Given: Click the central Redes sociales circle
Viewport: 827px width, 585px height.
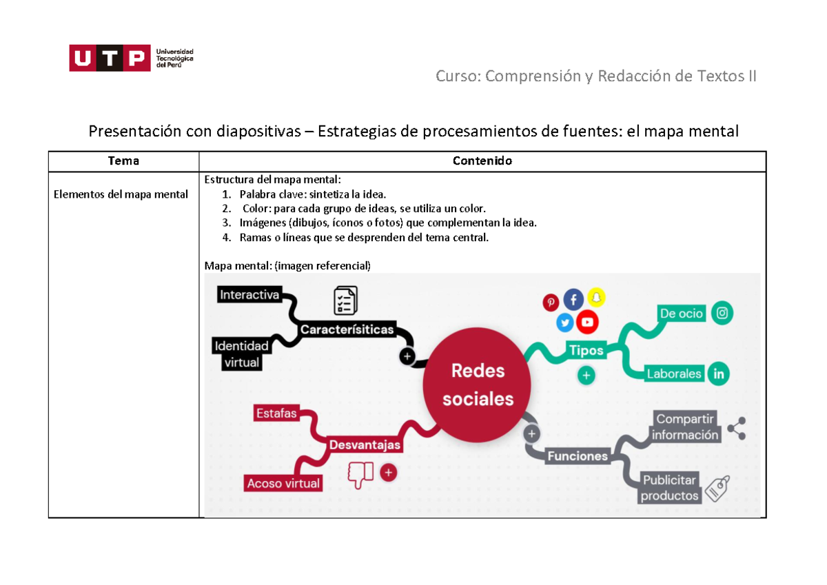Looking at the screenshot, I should click(478, 384).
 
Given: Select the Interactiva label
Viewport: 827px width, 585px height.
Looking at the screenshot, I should click(249, 295).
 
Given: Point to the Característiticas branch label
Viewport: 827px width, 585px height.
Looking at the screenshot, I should click(347, 329).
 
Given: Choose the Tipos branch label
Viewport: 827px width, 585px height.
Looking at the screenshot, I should click(586, 350).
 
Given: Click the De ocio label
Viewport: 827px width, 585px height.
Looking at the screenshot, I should click(682, 314).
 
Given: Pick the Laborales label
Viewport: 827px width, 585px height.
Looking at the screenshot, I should click(673, 374).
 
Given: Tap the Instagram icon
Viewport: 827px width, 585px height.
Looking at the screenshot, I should click(722, 314).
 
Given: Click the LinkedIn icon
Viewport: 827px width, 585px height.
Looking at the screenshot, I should click(719, 374).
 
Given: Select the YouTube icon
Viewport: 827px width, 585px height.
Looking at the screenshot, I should click(587, 322).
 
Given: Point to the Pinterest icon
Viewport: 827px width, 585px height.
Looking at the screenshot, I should click(551, 302).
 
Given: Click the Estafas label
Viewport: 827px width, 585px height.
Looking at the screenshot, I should click(276, 413).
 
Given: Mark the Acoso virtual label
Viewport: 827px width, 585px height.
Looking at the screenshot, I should click(283, 484).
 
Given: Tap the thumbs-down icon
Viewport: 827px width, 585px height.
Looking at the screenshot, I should click(360, 475).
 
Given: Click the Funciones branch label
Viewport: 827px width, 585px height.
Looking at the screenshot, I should click(577, 455).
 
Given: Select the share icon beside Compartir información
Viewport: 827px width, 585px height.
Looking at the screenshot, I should click(736, 429).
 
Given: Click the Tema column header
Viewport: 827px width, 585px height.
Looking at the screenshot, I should click(123, 161).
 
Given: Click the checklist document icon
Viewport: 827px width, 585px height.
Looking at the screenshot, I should click(345, 301).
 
